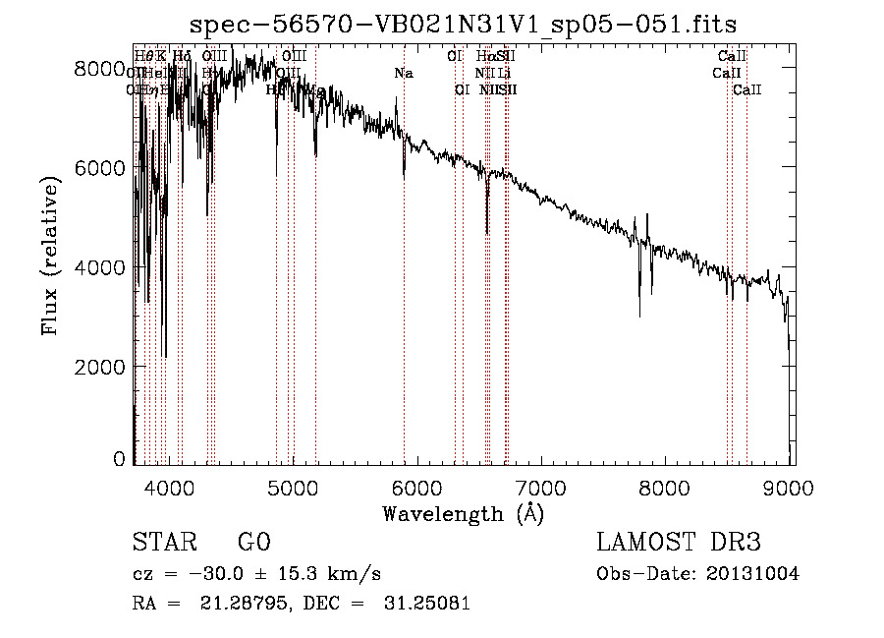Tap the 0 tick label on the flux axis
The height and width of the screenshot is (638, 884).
tap(120, 459)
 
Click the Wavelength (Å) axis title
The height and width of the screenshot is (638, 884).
tap(463, 513)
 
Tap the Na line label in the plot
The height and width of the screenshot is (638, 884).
tap(404, 73)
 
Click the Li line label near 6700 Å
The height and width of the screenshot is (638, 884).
tap(504, 73)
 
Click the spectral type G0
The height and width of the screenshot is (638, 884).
tap(252, 544)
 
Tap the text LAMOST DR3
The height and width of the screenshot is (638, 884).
tap(679, 544)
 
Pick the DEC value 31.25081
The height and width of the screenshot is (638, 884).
tap(428, 604)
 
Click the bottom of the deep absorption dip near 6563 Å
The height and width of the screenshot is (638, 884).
tap(487, 232)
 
